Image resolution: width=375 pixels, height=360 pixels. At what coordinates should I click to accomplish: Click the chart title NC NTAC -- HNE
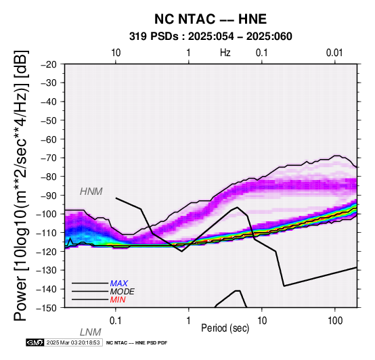click(211, 19)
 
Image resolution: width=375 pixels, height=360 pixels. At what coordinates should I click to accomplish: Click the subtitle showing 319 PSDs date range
click(211, 37)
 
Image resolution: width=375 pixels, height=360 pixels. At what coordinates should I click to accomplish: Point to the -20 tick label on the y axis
click(49, 64)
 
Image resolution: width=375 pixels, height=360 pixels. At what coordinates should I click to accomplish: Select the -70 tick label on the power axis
click(49, 158)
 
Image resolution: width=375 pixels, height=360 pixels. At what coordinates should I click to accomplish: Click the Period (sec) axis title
click(225, 328)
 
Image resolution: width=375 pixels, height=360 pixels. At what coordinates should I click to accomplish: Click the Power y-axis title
click(21, 185)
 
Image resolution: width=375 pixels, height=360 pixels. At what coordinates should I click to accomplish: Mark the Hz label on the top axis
click(225, 53)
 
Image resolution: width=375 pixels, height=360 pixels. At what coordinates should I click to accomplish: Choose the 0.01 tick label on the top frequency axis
click(335, 53)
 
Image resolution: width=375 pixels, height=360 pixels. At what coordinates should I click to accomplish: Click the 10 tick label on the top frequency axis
click(116, 53)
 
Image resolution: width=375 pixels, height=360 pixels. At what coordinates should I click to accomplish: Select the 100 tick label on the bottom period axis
click(335, 321)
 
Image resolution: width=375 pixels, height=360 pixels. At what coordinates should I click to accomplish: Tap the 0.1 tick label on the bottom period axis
click(116, 321)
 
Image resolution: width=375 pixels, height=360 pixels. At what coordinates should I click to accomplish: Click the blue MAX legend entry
click(119, 284)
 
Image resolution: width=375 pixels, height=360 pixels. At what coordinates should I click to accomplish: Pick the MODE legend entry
click(123, 292)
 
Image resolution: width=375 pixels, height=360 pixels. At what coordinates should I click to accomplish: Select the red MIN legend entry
click(118, 300)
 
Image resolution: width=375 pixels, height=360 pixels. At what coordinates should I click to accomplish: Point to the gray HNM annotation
click(91, 192)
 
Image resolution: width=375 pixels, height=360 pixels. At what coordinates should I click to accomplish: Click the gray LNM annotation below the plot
click(91, 332)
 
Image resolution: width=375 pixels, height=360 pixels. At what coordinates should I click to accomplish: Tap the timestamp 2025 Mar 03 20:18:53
click(73, 342)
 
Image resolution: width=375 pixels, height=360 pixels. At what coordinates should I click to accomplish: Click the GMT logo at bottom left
click(35, 342)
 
